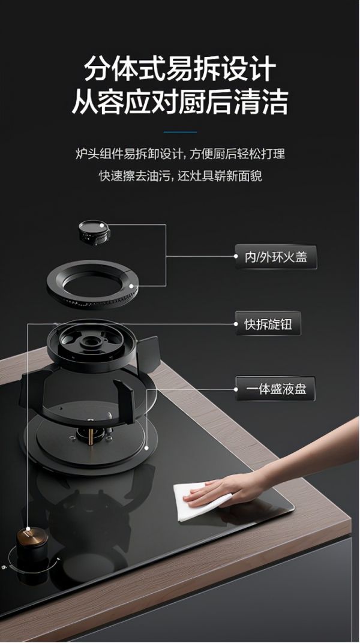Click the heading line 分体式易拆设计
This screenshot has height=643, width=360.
coord(179,70)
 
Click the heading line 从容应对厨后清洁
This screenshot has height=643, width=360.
coord(179,103)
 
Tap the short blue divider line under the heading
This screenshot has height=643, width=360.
coord(180,132)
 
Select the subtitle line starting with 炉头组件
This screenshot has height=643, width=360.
coord(180,154)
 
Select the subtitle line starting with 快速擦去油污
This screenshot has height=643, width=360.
coord(180,176)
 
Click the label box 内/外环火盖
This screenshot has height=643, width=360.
coord(275,257)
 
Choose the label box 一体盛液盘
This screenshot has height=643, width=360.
coord(275,389)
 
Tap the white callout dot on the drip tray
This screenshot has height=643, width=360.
coord(146,448)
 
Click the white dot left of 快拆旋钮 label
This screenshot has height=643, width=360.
coord(236,324)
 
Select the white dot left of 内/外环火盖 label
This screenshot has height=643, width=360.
coord(236,257)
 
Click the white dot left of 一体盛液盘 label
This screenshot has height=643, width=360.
coord(236,389)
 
